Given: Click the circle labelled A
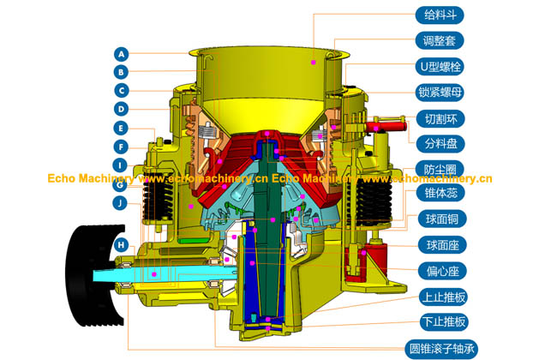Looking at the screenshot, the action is pyautogui.click(x=122, y=54).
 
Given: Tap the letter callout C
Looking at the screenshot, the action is pyautogui.click(x=122, y=91).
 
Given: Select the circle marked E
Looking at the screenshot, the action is pyautogui.click(x=121, y=129).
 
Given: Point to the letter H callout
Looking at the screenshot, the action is pyautogui.click(x=121, y=245).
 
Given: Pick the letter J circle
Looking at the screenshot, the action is pyautogui.click(x=120, y=203).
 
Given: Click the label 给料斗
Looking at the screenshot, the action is pyautogui.click(x=440, y=15).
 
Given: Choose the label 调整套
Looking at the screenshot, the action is pyautogui.click(x=440, y=41).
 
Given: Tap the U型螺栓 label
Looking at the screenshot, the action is pyautogui.click(x=440, y=67).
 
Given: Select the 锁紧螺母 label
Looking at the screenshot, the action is pyautogui.click(x=440, y=93).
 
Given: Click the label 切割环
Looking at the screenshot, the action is pyautogui.click(x=440, y=118).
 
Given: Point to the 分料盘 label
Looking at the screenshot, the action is pyautogui.click(x=440, y=144).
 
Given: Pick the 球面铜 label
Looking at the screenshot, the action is pyautogui.click(x=442, y=219).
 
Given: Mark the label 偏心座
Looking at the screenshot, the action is pyautogui.click(x=443, y=271).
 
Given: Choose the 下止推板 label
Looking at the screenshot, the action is pyautogui.click(x=444, y=321).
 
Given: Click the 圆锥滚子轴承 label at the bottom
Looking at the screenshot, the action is pyautogui.click(x=441, y=349).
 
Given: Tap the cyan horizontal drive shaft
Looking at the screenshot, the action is pyautogui.click(x=165, y=275).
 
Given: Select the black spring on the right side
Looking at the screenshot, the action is pyautogui.click(x=374, y=203).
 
